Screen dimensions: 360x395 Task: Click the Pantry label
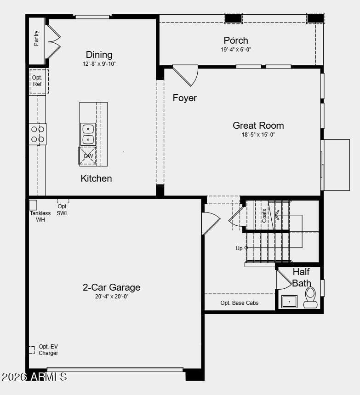[36, 38]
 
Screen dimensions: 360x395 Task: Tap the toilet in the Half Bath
[310, 298]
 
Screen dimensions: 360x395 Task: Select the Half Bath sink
[289, 302]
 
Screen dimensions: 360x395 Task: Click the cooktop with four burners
[38, 134]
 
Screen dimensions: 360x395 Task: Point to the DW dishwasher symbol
[87, 156]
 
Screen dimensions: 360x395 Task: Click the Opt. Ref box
[39, 81]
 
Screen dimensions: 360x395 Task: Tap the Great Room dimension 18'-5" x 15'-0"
[258, 135]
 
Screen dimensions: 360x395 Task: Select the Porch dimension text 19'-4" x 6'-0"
[236, 50]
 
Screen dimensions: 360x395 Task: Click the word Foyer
[185, 98]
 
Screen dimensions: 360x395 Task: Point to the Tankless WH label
[40, 217]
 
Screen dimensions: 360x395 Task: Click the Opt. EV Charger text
[48, 350]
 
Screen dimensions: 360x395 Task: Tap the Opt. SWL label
[63, 210]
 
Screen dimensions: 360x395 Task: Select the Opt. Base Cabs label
[240, 303]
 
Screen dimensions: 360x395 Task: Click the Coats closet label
[264, 216]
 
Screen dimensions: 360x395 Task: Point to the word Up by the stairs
[239, 248]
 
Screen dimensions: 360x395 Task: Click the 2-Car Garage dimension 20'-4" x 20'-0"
[112, 297]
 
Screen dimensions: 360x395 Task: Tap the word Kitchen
[96, 178]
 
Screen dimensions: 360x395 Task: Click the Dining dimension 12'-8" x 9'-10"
[99, 64]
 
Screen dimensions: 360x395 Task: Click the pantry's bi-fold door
[54, 41]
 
